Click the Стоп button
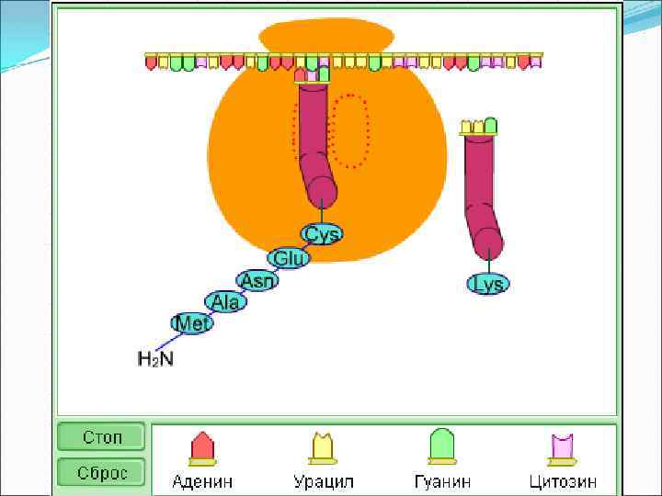[102, 437]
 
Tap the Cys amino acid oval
[322, 234]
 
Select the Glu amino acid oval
[289, 258]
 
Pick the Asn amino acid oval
[257, 280]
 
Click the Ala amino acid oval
[225, 301]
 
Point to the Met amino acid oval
[192, 322]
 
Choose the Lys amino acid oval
[487, 284]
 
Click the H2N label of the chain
[155, 358]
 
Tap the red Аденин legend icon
[201, 447]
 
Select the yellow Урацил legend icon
[323, 447]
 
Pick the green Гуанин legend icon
[442, 446]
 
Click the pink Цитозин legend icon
[563, 447]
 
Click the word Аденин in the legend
[202, 480]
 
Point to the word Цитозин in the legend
[563, 480]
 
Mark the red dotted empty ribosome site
[350, 130]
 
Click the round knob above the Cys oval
[322, 192]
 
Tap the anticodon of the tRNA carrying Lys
[478, 127]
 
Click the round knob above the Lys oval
[487, 242]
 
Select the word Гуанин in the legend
[442, 480]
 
